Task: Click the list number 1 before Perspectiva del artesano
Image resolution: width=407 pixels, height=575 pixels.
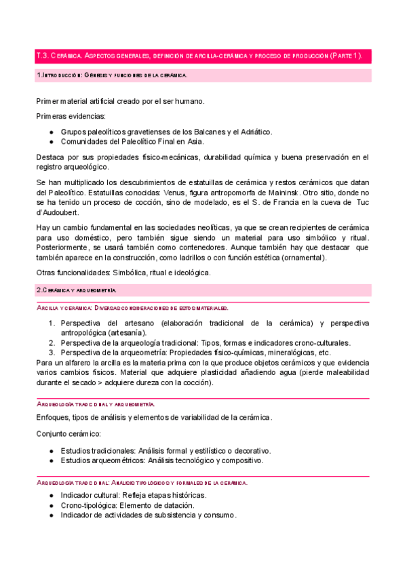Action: pos(52,323)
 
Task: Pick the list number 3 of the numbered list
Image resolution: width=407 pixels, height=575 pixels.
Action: pos(52,353)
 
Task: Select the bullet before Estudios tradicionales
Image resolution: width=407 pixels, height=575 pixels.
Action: pos(52,451)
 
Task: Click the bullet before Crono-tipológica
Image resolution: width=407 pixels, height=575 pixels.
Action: pos(52,506)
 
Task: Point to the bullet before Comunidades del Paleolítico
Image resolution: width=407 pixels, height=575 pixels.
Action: pos(52,142)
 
